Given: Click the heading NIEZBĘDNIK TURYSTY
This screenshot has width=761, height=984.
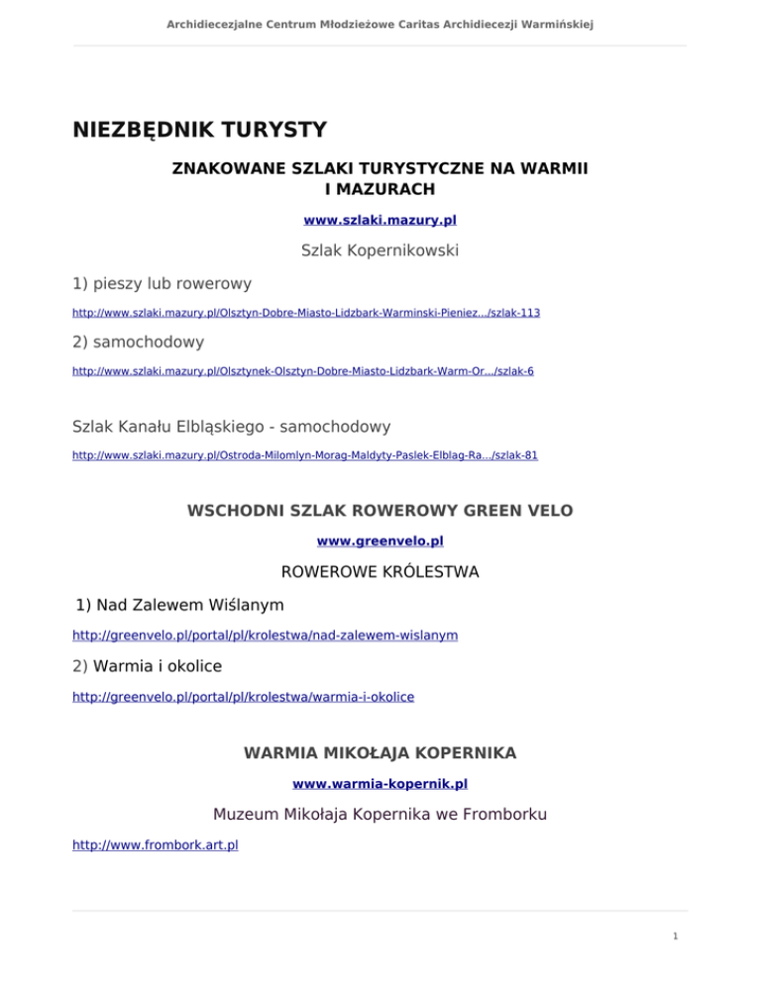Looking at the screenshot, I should pos(199,130).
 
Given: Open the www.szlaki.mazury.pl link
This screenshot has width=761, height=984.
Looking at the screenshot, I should pos(380,220).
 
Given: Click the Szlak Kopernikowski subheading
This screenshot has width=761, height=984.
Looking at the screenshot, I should pos(380,251).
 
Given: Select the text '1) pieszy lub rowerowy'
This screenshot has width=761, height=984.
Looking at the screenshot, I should pos(162,284).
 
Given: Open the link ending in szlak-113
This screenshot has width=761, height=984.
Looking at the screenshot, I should pos(306,313).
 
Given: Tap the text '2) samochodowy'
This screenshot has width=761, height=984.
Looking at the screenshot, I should pos(139,342).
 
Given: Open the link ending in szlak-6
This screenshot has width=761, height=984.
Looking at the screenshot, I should pos(303,370).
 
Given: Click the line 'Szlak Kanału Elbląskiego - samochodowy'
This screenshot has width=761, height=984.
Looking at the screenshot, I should pos(232,428).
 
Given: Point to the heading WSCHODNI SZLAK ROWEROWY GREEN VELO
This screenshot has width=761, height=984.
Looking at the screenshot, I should pos(380,511).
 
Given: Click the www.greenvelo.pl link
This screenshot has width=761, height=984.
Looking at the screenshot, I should pos(380,541).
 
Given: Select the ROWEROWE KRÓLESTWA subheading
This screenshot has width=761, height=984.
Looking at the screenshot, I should pos(380,572).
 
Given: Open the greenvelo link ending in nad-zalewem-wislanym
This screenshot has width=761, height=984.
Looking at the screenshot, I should pos(265,635).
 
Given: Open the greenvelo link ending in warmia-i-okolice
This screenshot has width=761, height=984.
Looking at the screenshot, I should pos(243,697).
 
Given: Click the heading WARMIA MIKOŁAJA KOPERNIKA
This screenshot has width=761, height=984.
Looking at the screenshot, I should pos(380,753).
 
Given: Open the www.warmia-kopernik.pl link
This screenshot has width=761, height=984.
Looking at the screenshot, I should pos(380,784).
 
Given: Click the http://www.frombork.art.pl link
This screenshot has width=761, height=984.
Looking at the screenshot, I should pos(156,846).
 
